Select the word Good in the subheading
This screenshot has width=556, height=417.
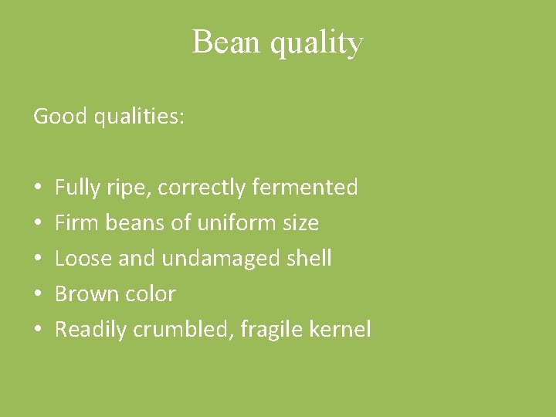[x=59, y=117]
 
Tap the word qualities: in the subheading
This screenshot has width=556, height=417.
[x=138, y=117]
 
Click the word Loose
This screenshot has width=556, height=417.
[x=83, y=258]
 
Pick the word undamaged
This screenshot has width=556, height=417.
[x=215, y=259]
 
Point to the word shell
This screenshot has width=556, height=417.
[x=308, y=258]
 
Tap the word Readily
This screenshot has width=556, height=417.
[x=91, y=330]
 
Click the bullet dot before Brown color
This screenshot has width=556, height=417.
[x=38, y=294]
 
